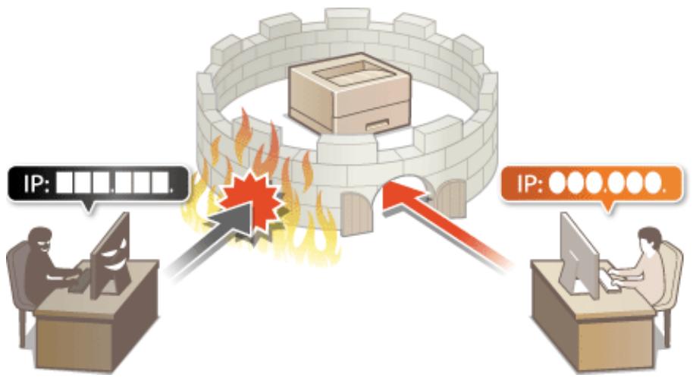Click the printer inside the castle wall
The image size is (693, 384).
(x=350, y=93)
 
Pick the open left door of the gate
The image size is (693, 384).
(x=356, y=215)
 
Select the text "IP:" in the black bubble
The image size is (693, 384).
(x=36, y=184)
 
